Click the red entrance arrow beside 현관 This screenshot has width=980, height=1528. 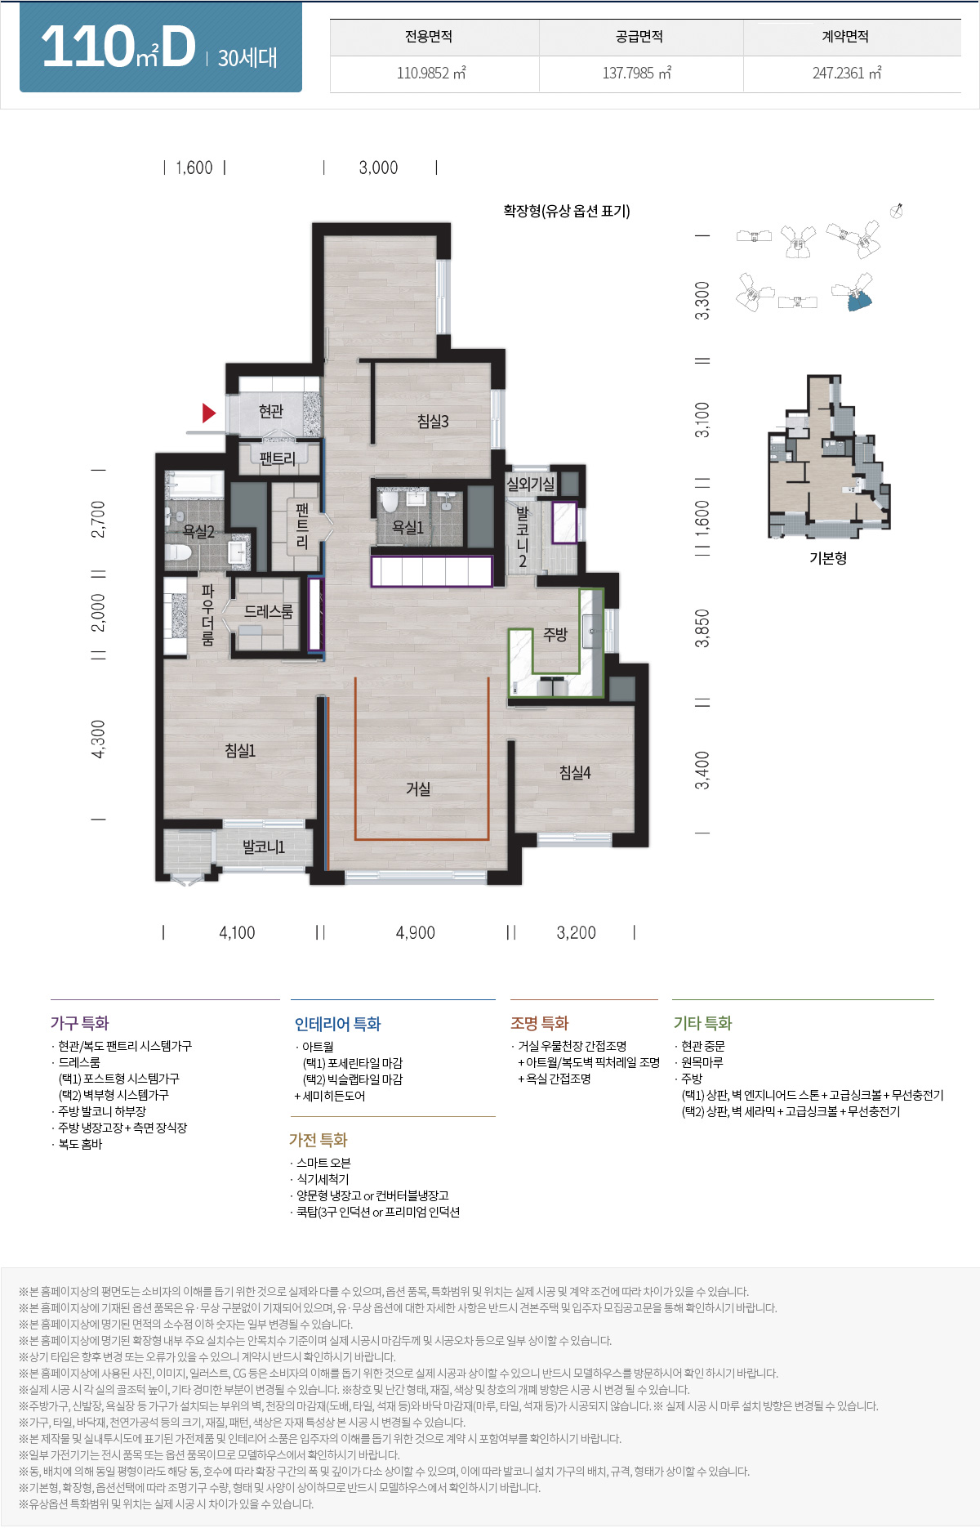click(208, 413)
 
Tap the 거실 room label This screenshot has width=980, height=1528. click(418, 789)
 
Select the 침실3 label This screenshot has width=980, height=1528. click(433, 422)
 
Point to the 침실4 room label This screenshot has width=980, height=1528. click(575, 772)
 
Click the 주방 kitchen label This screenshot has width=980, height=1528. click(555, 634)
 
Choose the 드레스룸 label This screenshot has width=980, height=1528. click(269, 611)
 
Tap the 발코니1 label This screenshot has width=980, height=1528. click(263, 847)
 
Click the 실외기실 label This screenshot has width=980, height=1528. click(530, 484)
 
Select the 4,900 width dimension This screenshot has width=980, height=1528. click(415, 933)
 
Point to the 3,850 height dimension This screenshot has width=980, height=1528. click(702, 628)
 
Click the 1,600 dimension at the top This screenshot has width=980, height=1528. click(194, 168)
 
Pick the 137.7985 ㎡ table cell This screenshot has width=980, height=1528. click(637, 74)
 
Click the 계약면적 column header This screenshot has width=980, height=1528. click(845, 37)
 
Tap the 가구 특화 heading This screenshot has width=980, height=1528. click(79, 1023)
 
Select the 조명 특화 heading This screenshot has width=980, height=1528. click(539, 1023)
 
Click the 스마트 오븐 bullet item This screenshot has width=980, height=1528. click(323, 1163)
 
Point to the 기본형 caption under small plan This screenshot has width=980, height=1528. click(827, 558)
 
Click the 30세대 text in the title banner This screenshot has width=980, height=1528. click(247, 58)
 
